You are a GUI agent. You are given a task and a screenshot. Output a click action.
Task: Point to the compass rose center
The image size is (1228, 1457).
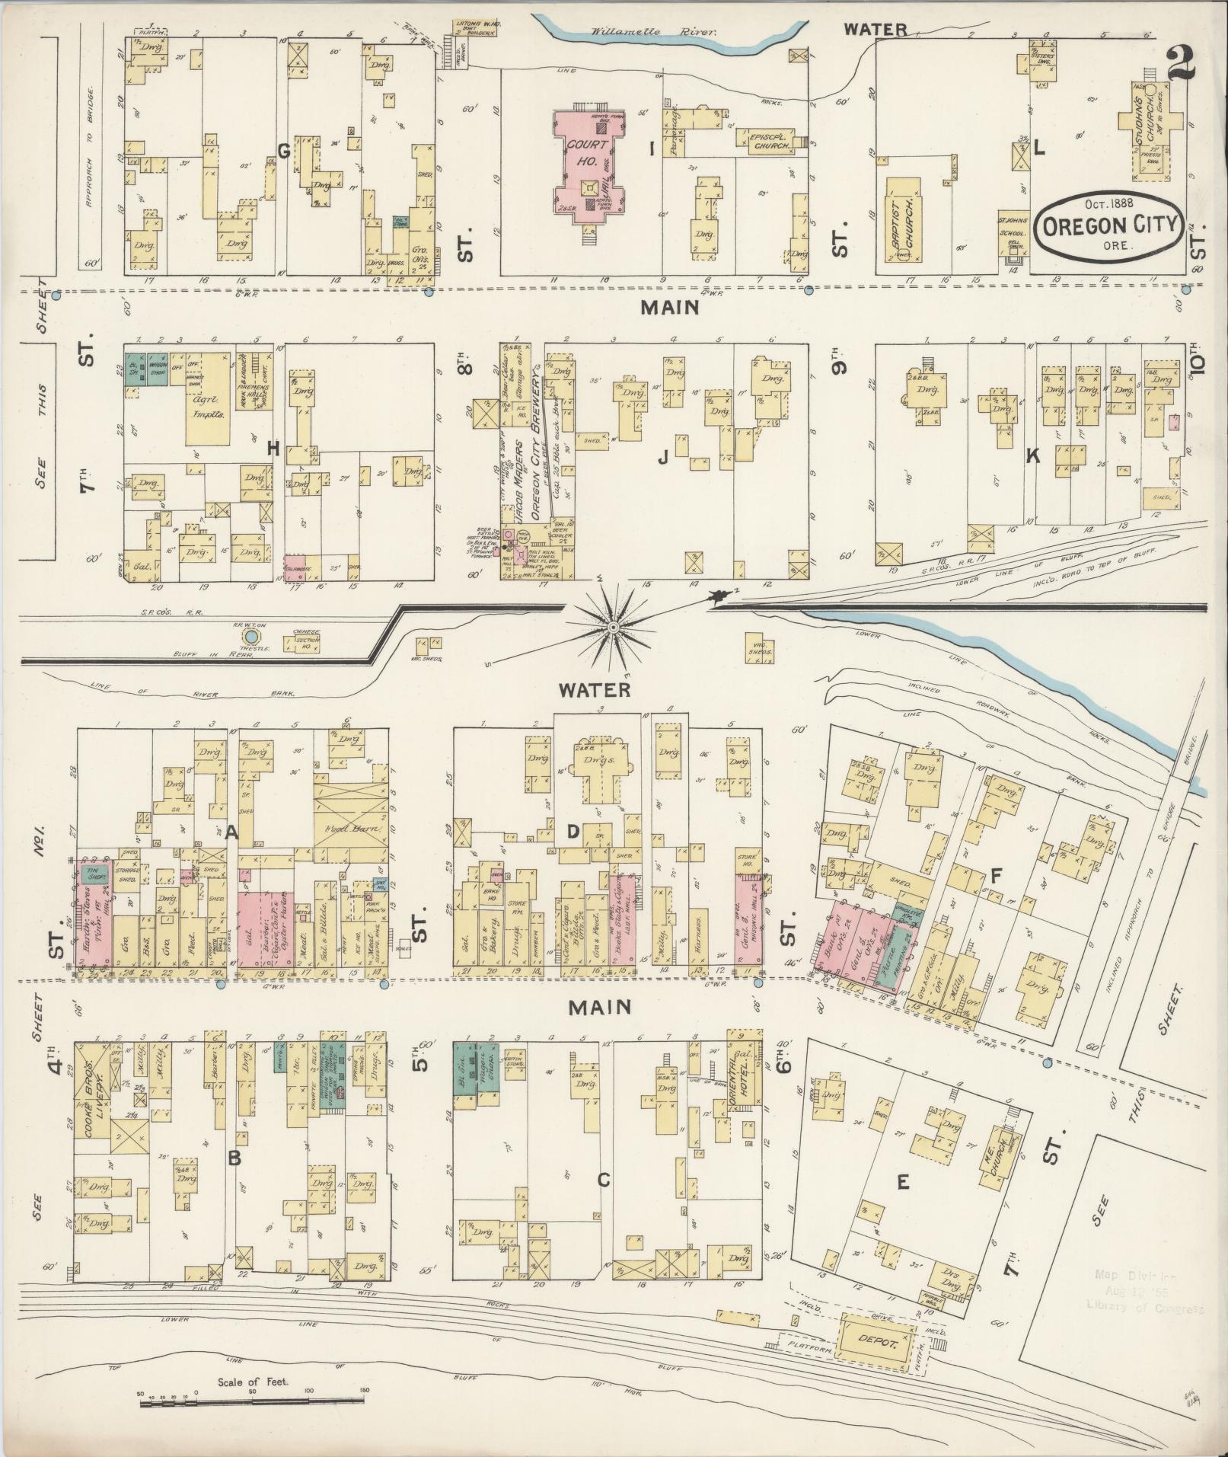[612, 626]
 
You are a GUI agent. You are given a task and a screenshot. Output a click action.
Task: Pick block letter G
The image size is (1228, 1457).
[283, 151]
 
